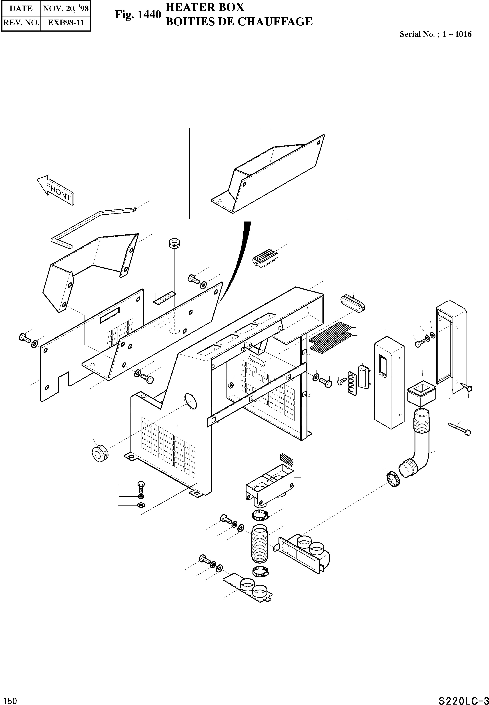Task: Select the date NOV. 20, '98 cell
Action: pos(66,8)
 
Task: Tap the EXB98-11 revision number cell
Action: pos(66,22)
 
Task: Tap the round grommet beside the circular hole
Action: pos(100,453)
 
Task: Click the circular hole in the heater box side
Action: pos(190,402)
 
